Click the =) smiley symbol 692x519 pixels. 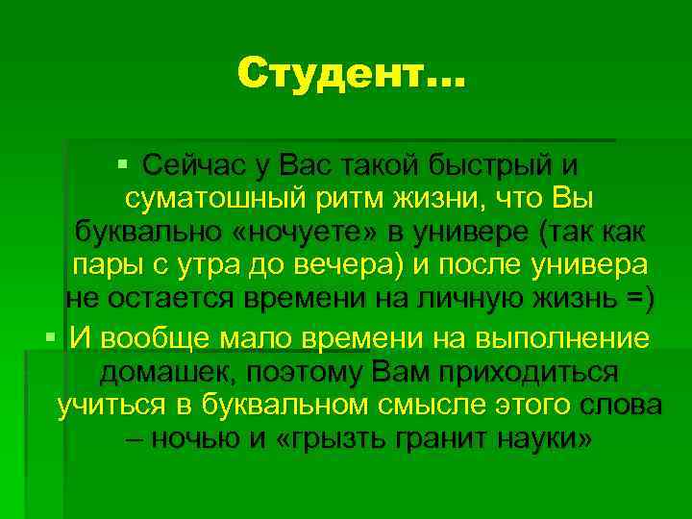(x=638, y=301)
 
